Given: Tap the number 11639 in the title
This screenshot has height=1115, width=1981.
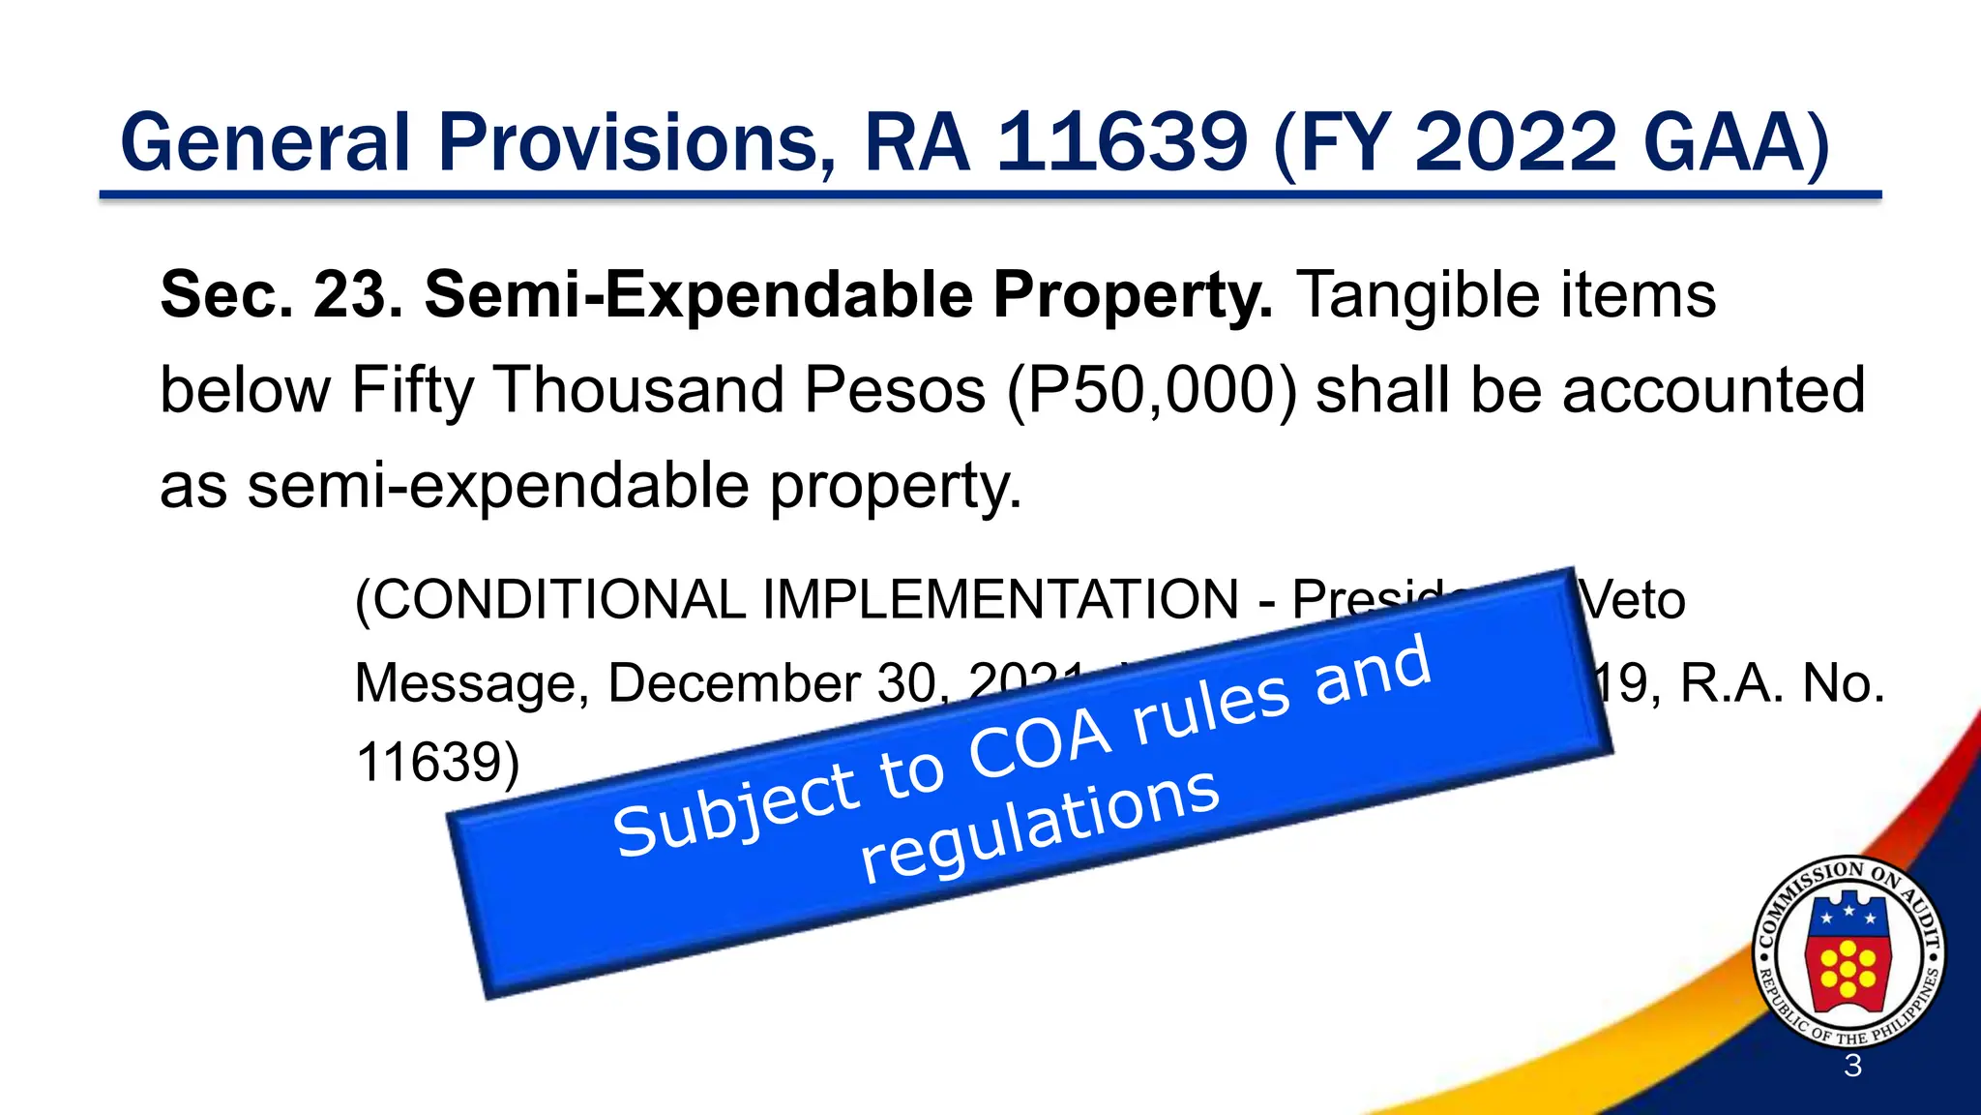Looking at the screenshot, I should pos(1121,143).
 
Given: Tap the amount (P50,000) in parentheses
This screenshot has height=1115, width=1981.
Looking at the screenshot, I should pos(1151,391).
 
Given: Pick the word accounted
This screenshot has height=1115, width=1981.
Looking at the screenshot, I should pos(1713,391).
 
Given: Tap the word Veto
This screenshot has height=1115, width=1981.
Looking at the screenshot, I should pos(1634,600).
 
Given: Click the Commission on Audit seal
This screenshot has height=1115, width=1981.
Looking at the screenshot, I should pos(1848,952).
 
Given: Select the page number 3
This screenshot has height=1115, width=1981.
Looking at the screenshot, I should pos(1852,1066).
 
